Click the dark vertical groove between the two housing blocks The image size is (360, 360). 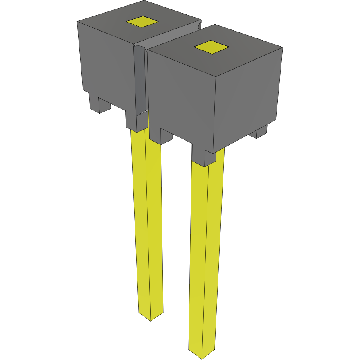point(140,78)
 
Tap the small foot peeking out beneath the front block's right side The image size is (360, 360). point(258,132)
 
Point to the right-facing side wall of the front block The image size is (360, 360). point(248,98)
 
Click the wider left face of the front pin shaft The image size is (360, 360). point(199,254)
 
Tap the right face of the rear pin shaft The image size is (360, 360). point(155,225)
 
